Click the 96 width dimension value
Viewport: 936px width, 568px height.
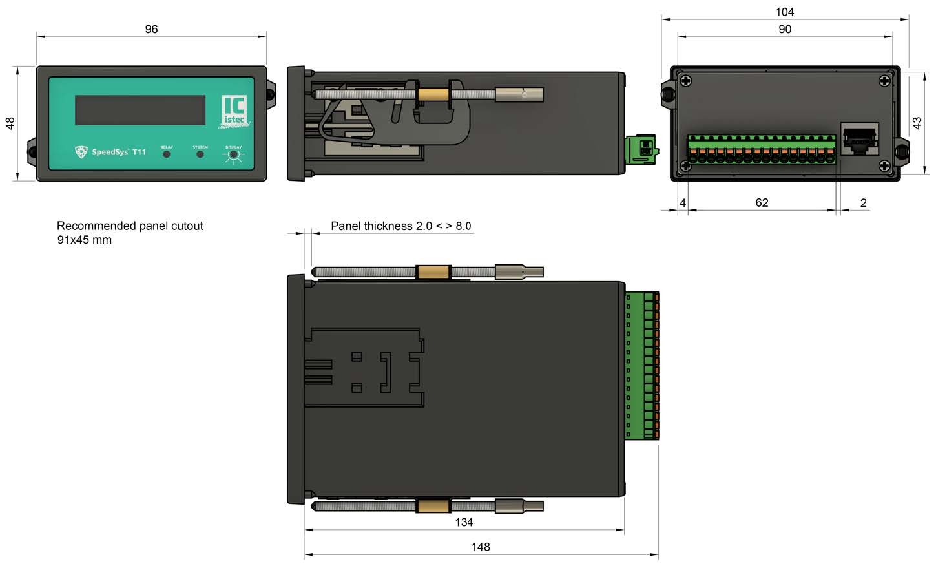(x=151, y=29)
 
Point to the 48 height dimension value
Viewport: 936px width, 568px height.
(x=10, y=123)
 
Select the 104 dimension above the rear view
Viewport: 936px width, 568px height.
(x=784, y=12)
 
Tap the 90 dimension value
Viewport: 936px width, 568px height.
(x=784, y=29)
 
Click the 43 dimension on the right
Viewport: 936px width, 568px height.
(x=917, y=123)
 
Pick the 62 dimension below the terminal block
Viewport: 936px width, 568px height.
(x=762, y=203)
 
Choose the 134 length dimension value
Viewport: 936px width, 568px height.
(x=463, y=522)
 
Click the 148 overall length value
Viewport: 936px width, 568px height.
(x=480, y=547)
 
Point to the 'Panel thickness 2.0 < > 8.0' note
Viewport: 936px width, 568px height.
(x=400, y=226)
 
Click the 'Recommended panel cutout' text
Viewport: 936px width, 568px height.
(x=130, y=226)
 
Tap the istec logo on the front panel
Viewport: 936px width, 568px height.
(x=234, y=111)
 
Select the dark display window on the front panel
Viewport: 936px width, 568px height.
(x=140, y=110)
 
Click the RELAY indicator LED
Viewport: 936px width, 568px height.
(x=167, y=154)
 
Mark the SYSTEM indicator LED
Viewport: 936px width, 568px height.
(x=200, y=154)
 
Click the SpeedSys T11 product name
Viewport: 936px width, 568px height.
(x=118, y=152)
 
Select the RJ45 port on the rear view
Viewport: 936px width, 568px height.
(x=858, y=139)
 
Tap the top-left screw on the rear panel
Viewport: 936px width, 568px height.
(x=685, y=81)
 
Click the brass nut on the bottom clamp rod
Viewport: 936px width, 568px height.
(x=433, y=505)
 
